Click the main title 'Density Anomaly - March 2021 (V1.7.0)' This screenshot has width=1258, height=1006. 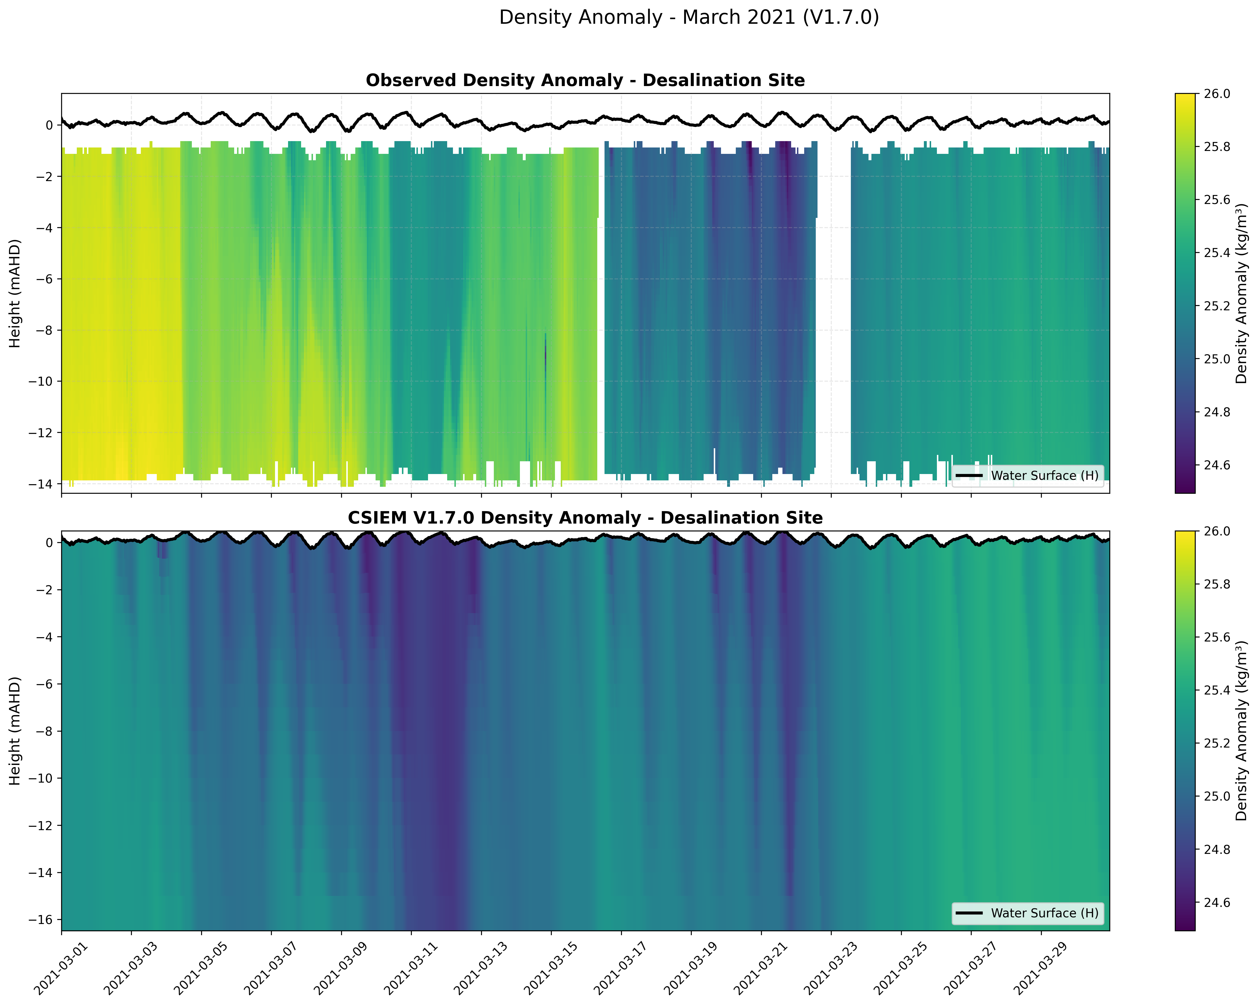coord(689,17)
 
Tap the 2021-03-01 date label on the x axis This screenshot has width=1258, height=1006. coord(57,969)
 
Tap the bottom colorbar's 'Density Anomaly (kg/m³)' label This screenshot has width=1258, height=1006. coord(1242,730)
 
